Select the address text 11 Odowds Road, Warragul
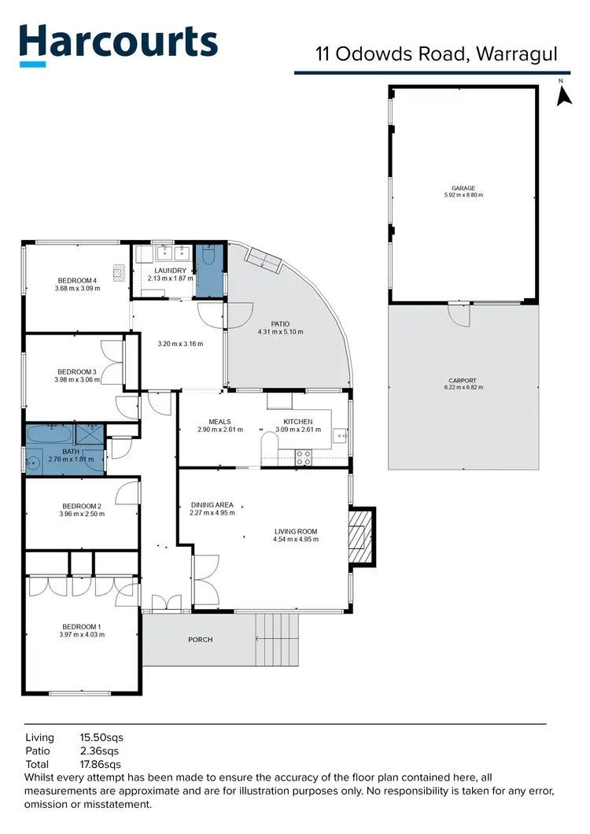click(437, 54)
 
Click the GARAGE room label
click(463, 189)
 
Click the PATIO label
click(280, 323)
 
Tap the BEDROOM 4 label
click(77, 281)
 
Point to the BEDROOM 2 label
click(82, 506)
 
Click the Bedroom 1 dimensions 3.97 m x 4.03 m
click(82, 635)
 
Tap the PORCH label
click(201, 640)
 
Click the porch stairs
click(277, 639)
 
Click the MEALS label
click(219, 421)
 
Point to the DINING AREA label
click(212, 504)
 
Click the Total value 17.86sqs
click(101, 764)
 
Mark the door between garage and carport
click(459, 314)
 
